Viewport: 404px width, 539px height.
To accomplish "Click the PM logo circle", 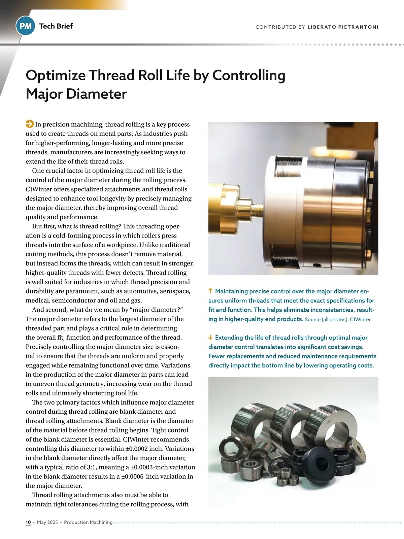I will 26,26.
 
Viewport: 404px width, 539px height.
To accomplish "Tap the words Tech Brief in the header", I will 56,26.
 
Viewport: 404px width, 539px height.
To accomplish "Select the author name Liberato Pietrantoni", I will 343,27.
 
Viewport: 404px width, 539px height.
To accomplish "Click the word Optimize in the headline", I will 55,75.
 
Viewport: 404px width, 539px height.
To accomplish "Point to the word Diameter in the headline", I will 96,94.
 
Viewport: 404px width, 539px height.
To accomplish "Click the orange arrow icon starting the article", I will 30,124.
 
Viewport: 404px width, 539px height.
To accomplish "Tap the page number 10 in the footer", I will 28,522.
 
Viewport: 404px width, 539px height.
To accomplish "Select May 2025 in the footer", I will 47,522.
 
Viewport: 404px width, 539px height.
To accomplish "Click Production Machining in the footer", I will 88,522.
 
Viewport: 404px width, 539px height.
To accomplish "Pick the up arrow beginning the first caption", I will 211,291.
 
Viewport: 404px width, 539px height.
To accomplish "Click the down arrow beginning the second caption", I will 211,337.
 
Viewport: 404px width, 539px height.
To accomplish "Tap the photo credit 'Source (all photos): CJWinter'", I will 337,319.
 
